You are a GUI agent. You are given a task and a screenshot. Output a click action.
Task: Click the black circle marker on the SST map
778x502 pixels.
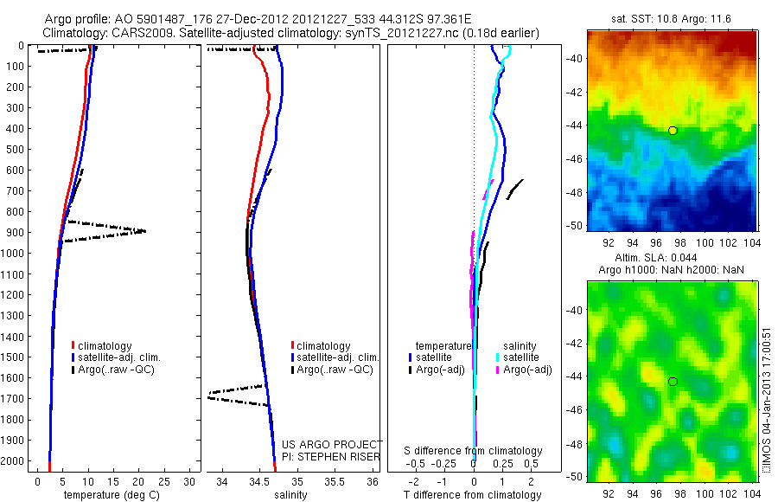tap(673, 131)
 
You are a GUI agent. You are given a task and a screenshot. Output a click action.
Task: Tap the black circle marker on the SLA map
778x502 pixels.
tap(673, 382)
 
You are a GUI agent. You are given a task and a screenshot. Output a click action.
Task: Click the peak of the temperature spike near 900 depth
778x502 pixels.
tap(144, 231)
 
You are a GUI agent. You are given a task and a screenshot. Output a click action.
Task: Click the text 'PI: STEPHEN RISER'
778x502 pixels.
tap(331, 457)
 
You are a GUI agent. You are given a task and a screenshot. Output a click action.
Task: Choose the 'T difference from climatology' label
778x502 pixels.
tap(474, 495)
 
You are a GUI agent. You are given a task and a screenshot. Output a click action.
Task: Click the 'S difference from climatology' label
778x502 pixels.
tap(474, 451)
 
